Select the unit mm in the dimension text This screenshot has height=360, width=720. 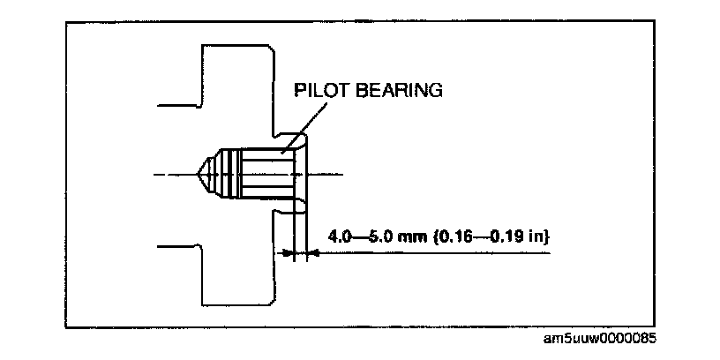coord(418,236)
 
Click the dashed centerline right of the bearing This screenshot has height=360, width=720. coord(335,173)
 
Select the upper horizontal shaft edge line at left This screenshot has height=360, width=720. coord(181,105)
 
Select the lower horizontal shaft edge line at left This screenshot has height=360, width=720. coord(181,246)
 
